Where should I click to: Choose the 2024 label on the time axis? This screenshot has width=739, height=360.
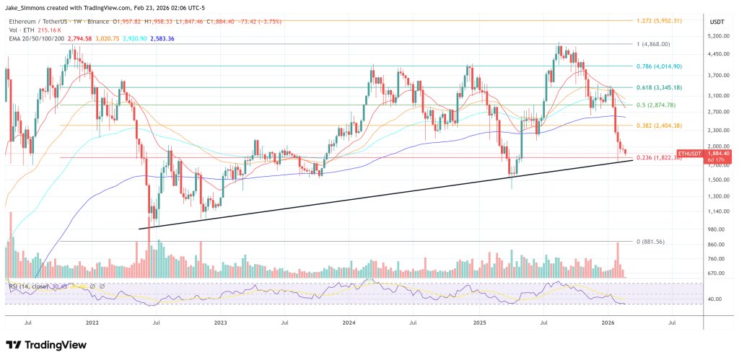[350, 324]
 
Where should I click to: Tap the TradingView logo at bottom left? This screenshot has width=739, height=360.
[43, 344]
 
